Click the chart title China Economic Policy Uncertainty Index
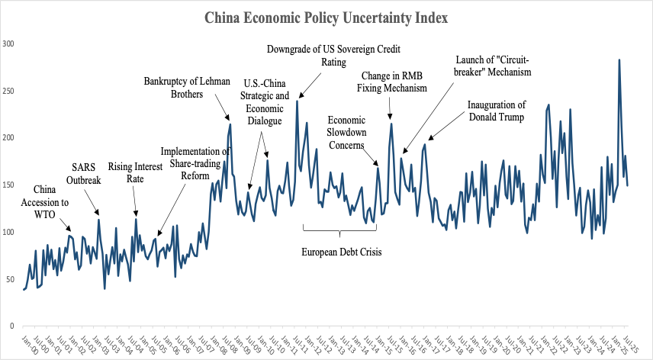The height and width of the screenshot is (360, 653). [x=326, y=18]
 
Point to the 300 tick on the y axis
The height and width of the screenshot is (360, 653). [x=8, y=43]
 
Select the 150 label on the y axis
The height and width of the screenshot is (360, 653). [x=8, y=185]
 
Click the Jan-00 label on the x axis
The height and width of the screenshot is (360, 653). [x=27, y=342]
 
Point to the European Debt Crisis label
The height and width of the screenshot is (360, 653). [x=340, y=252]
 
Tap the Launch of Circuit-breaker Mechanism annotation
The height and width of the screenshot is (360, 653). [x=492, y=66]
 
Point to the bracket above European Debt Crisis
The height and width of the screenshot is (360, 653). [x=340, y=229]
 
